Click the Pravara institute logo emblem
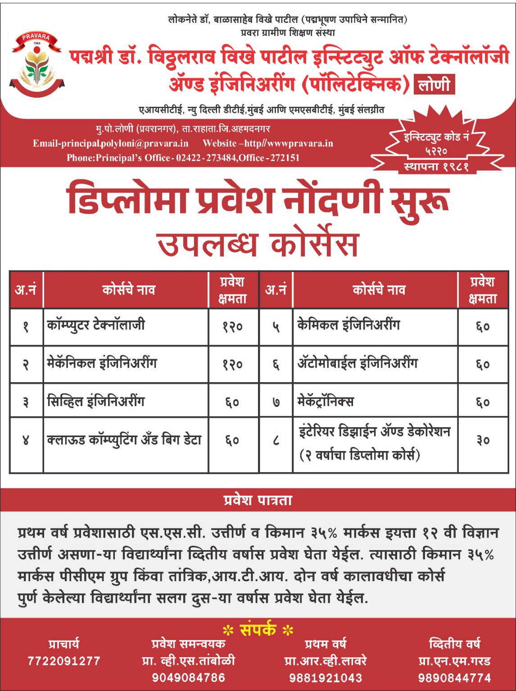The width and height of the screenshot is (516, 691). point(36,63)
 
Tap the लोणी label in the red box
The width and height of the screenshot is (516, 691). point(434,85)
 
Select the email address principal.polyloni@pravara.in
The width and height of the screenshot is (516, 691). point(110,143)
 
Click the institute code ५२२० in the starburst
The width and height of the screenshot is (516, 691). point(436,151)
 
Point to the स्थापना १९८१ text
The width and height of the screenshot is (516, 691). point(436,167)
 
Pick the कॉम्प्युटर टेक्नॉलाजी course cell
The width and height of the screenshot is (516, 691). point(96,325)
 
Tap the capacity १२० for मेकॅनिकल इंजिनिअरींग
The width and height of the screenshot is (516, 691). point(232,365)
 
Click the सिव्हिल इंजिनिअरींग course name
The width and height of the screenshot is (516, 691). point(96,401)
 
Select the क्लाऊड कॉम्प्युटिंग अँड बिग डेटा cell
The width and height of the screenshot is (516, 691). point(124,440)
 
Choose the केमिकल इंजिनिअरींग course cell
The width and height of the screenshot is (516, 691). point(349,325)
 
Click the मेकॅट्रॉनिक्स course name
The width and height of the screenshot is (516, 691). point(325,401)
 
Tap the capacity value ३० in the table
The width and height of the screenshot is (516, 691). point(483,441)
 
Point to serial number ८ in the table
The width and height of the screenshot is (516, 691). point(276,441)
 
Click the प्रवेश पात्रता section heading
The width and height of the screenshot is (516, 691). point(258,500)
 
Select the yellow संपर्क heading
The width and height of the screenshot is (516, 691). point(258,629)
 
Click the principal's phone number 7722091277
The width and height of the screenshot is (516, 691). point(64,661)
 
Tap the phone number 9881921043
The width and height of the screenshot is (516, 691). point(325,677)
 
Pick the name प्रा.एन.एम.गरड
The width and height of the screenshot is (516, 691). point(454,661)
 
